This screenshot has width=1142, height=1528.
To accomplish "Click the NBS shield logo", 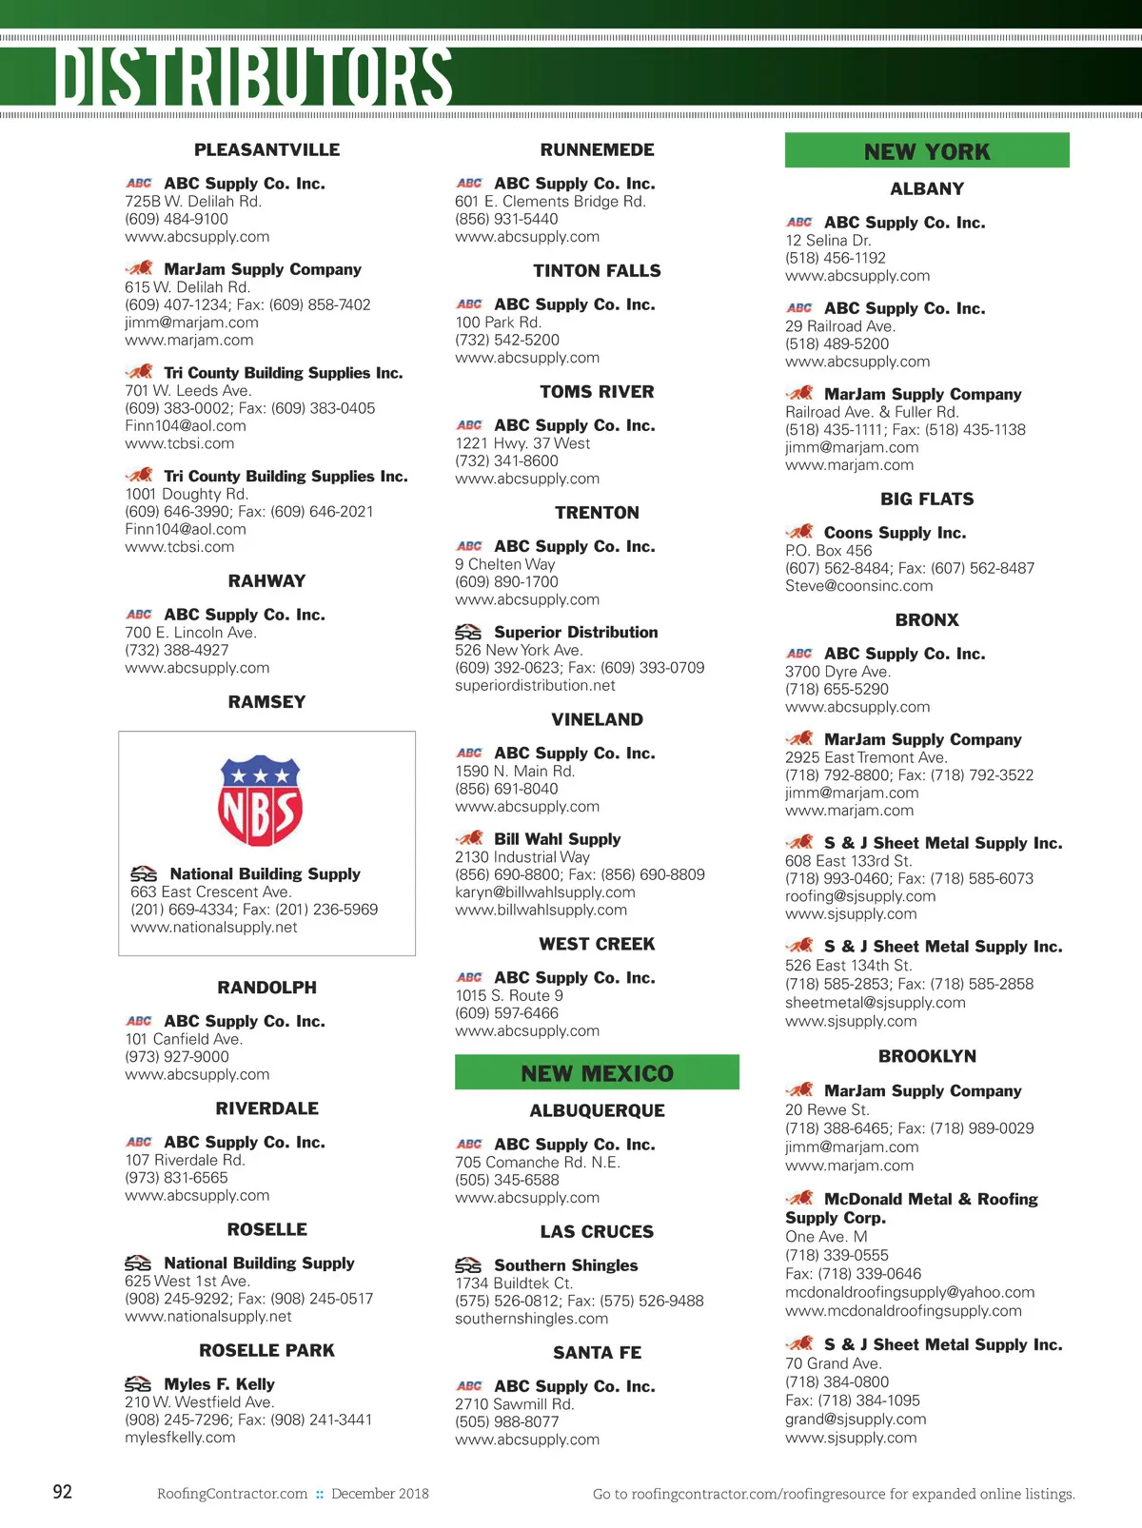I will (x=260, y=800).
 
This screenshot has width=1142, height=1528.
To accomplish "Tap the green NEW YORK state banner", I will (x=927, y=151).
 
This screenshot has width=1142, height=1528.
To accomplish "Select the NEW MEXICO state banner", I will (x=597, y=1073).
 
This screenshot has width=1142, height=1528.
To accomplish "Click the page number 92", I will (x=63, y=1492).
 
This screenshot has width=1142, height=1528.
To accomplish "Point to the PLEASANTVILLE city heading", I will (x=266, y=149).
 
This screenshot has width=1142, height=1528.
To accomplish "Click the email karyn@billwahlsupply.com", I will (x=544, y=892).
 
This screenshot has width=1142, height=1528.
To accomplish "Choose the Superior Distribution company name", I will (x=576, y=632).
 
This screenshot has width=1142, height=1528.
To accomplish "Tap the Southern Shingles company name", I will (x=565, y=1265).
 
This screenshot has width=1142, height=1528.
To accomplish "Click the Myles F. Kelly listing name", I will (x=219, y=1384).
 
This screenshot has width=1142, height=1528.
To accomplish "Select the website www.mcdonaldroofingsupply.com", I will (x=903, y=1311).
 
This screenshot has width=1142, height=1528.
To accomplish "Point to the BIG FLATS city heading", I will (x=927, y=499).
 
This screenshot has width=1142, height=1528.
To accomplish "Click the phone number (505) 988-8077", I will (x=507, y=1421).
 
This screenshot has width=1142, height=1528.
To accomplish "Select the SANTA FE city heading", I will (x=597, y=1352).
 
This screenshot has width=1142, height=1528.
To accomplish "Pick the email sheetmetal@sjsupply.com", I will (x=875, y=1002).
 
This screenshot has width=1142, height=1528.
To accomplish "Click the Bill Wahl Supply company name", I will (x=557, y=839).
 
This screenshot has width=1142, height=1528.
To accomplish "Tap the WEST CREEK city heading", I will (x=597, y=944).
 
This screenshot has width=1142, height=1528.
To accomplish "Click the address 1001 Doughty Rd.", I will (x=187, y=494).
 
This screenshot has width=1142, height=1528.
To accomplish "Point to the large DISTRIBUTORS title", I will (x=253, y=76).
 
